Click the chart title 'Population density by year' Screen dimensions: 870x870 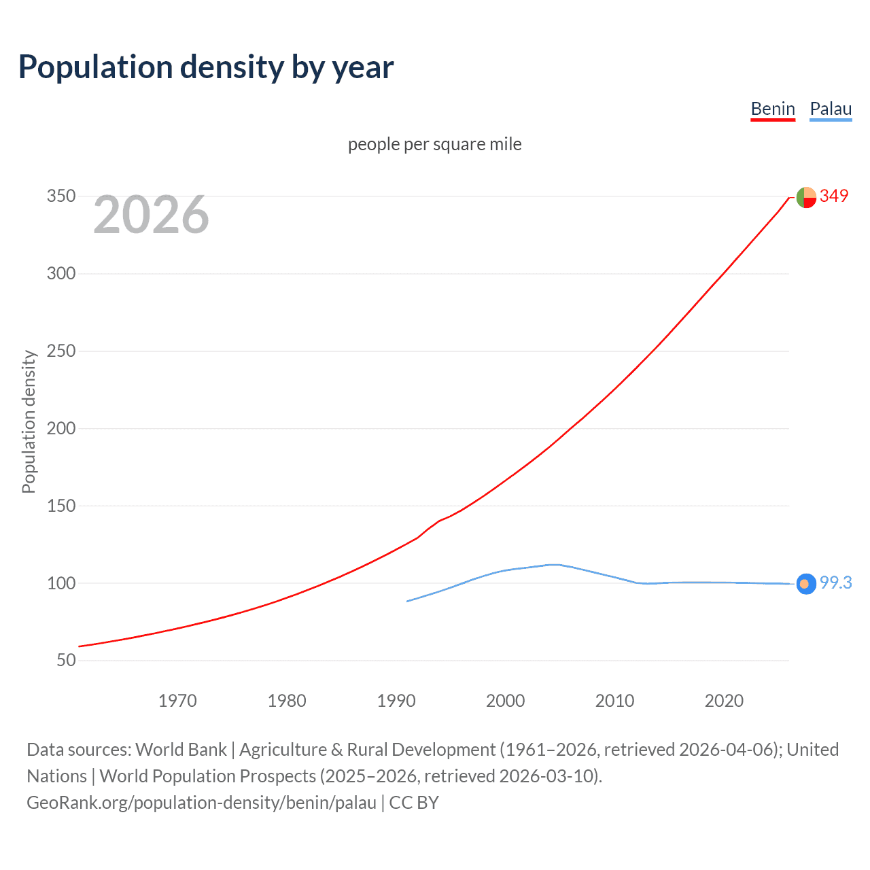[206, 67]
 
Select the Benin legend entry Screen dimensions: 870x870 [773, 109]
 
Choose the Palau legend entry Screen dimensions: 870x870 [831, 109]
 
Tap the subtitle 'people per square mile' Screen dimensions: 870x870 [434, 144]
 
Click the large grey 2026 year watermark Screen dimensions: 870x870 [151, 215]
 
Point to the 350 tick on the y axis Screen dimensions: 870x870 [60, 196]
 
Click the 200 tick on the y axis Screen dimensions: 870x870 [60, 428]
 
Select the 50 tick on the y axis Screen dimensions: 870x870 [65, 660]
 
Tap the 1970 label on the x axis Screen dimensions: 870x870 [177, 701]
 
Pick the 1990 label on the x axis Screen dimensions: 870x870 [396, 701]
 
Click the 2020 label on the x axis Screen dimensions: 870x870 [724, 701]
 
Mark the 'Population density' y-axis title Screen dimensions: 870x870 [29, 421]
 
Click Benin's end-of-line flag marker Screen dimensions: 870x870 [806, 197]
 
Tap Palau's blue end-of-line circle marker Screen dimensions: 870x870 [806, 584]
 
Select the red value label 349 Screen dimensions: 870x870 [834, 196]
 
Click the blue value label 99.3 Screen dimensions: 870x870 [835, 582]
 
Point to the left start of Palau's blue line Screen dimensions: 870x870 [408, 601]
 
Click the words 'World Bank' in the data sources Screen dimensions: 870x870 [181, 750]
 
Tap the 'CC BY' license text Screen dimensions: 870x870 [414, 803]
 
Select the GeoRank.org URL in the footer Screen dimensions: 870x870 [201, 803]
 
